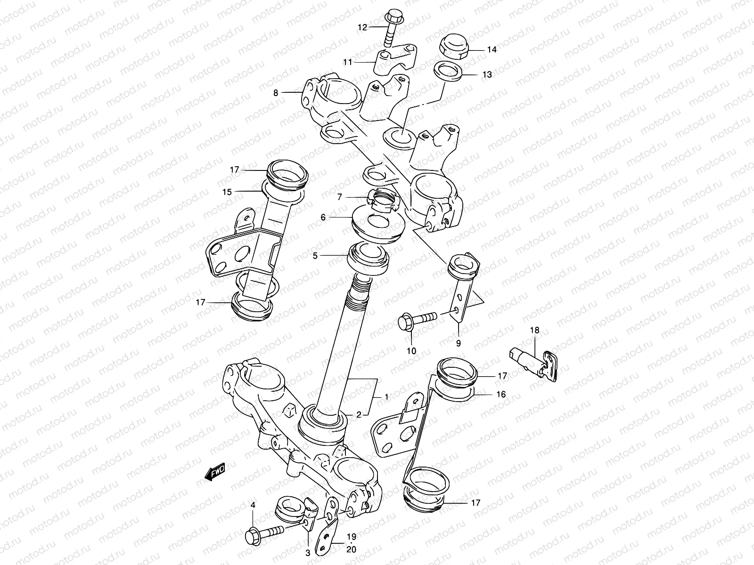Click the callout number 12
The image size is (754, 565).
(x=362, y=28)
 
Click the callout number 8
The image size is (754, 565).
(x=276, y=93)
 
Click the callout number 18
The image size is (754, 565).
(x=534, y=331)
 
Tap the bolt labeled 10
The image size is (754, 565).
(x=417, y=320)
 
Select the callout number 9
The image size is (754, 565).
(x=458, y=343)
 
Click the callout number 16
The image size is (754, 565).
(x=501, y=394)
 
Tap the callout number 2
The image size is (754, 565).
(x=359, y=415)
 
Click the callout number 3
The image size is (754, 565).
(x=308, y=554)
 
